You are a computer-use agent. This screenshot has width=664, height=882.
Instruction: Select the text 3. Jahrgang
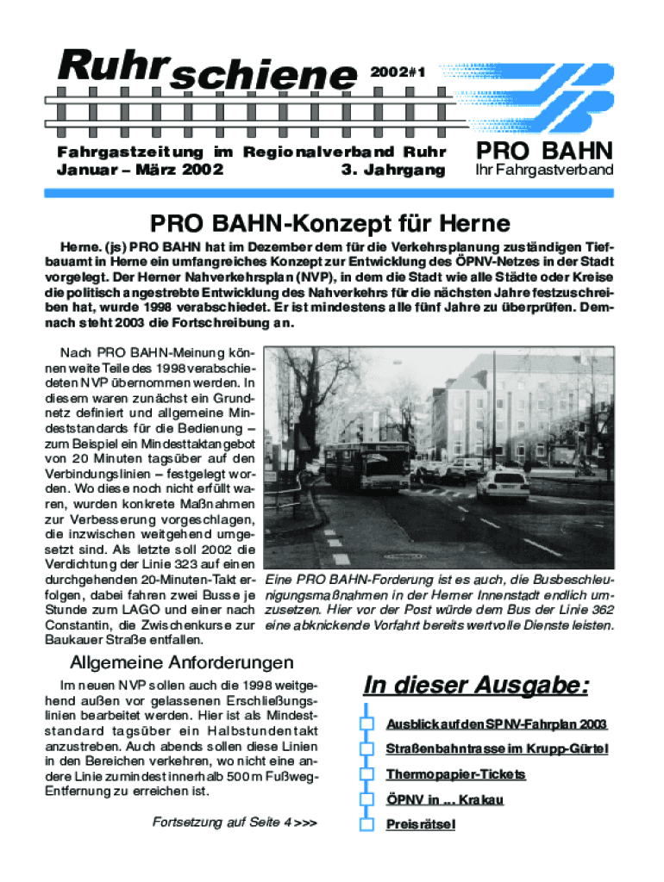coord(393,170)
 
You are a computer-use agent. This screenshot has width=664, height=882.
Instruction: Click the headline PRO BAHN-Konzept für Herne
coord(331,224)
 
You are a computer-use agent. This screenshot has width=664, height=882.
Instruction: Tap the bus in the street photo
coord(366,464)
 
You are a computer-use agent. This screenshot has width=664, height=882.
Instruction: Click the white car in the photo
coord(504,485)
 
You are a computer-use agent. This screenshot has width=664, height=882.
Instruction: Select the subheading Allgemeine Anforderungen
coord(181,662)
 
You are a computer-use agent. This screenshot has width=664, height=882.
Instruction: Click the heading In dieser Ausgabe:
coord(477,686)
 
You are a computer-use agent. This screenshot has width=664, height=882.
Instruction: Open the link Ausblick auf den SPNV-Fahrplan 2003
coord(497,724)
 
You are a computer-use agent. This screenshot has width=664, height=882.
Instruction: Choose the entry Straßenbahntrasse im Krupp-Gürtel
coord(497,749)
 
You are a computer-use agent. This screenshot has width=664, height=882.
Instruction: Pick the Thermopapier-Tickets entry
coord(455,774)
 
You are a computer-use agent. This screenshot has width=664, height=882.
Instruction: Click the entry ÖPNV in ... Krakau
coord(444,799)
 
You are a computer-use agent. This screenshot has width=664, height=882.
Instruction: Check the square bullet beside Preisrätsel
coord(367,824)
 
